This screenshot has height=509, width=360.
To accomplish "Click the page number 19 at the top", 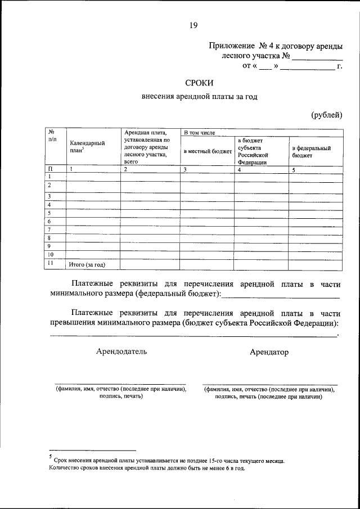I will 193,25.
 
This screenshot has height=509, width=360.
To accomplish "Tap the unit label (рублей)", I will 327,116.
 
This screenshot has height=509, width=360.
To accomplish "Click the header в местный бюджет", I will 207,151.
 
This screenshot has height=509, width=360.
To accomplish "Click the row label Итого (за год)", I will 87,264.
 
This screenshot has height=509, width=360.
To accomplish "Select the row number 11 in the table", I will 51,263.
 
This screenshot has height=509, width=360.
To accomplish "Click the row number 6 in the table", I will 50,222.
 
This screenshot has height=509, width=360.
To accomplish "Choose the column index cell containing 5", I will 293,169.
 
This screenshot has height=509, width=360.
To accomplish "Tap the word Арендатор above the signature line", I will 269,352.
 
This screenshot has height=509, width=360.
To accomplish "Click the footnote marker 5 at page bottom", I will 51,457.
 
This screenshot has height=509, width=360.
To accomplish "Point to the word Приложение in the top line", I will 231,45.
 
